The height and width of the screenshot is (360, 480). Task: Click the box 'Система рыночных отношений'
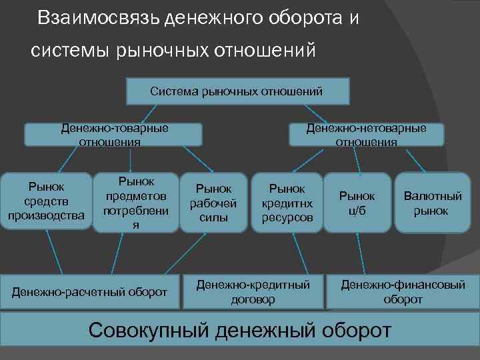pyautogui.click(x=237, y=91)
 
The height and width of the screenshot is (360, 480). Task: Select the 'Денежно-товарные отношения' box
pyautogui.click(x=113, y=134)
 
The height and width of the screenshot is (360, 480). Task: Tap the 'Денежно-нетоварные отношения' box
pyautogui.click(x=366, y=134)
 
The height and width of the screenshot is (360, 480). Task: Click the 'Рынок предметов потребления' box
pyautogui.click(x=136, y=203)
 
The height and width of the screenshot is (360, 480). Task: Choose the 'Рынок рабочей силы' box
pyautogui.click(x=214, y=203)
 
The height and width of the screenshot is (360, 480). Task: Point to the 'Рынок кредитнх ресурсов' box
pyautogui.click(x=287, y=203)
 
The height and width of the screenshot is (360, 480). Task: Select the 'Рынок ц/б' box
pyautogui.click(x=357, y=203)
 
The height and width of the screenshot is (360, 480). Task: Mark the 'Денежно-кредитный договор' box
pyautogui.click(x=253, y=292)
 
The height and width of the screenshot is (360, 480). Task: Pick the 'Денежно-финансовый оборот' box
pyautogui.click(x=403, y=292)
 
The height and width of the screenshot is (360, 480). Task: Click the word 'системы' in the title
pyautogui.click(x=63, y=50)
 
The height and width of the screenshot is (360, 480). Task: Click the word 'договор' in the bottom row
pyautogui.click(x=253, y=300)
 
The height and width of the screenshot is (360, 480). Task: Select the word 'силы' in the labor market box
pyautogui.click(x=214, y=217)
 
